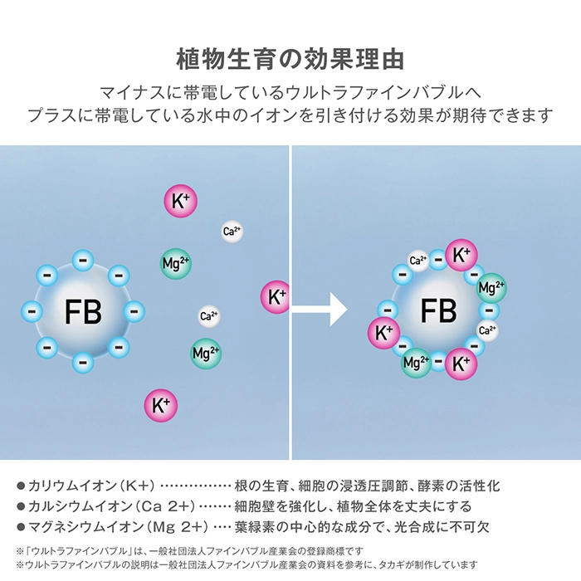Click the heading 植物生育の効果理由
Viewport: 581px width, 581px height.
(x=290, y=59)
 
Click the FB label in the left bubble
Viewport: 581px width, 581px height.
(x=83, y=311)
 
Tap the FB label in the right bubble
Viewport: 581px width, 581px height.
(x=438, y=310)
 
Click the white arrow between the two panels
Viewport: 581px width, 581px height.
(x=319, y=310)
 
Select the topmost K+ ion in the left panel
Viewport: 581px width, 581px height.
(x=180, y=201)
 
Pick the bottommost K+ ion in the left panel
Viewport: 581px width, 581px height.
(x=161, y=405)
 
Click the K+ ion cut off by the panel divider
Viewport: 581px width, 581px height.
(x=275, y=297)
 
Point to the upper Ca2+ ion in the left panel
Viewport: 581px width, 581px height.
(x=232, y=232)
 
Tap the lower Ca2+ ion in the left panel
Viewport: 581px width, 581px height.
(x=209, y=316)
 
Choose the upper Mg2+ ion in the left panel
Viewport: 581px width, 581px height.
(x=176, y=263)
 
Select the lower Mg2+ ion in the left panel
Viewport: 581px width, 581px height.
(x=206, y=353)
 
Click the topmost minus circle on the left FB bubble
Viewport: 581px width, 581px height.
(x=83, y=261)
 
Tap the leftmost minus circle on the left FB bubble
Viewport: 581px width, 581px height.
(x=32, y=311)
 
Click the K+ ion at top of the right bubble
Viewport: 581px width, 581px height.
(x=461, y=256)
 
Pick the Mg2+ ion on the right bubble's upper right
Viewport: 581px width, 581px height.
(x=491, y=288)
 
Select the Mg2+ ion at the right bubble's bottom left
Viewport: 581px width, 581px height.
(x=416, y=363)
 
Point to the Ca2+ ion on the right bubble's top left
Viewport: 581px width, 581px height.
(x=418, y=261)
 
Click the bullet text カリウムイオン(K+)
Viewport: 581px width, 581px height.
(x=91, y=486)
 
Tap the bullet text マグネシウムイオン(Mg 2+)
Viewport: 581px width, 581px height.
(x=118, y=527)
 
